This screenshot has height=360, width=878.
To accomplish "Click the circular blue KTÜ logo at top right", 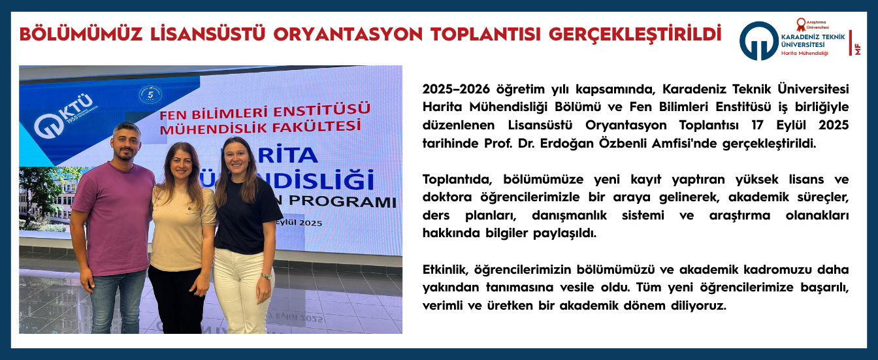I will point(758,41).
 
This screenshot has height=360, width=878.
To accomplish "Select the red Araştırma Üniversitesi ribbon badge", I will point(800,25).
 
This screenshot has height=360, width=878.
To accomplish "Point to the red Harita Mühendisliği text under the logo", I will point(804,53).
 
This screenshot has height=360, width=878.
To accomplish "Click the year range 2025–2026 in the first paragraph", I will point(456,88).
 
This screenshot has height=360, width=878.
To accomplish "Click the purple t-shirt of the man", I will point(114,216).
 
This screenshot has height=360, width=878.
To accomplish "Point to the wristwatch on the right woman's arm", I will point(266,276).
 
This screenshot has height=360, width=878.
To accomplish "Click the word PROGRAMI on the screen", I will point(346,202).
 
